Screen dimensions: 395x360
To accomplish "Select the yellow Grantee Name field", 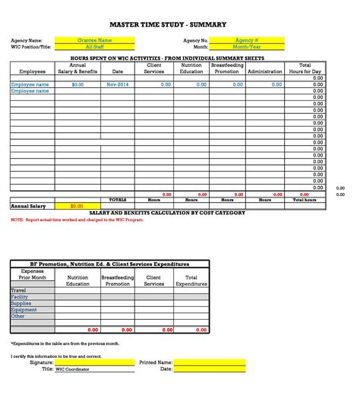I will (x=95, y=40).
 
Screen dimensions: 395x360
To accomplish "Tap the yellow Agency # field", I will (x=247, y=40).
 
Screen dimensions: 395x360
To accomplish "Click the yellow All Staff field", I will (x=95, y=47).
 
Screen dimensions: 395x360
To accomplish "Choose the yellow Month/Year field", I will (x=247, y=47).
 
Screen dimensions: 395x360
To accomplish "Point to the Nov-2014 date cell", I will (x=117, y=84).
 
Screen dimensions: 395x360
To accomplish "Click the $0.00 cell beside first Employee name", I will (x=77, y=84).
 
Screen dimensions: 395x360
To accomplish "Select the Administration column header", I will (x=265, y=71).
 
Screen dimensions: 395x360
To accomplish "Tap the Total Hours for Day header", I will (x=305, y=68).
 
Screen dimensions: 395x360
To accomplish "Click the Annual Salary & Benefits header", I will (x=77, y=68).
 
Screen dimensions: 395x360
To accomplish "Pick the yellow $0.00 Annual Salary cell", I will (x=77, y=206).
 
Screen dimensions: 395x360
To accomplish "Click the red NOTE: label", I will (x=17, y=220).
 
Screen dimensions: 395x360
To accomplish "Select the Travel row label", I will (x=19, y=290).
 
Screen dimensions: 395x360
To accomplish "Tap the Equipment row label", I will (x=24, y=310).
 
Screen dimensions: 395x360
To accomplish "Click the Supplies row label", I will (x=21, y=303).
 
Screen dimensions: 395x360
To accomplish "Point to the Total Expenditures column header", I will (x=191, y=281).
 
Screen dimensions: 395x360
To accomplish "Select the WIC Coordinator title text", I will (x=72, y=369).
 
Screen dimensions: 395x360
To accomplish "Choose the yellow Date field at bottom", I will (x=210, y=369).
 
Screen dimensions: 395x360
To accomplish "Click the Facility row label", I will (x=20, y=297).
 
